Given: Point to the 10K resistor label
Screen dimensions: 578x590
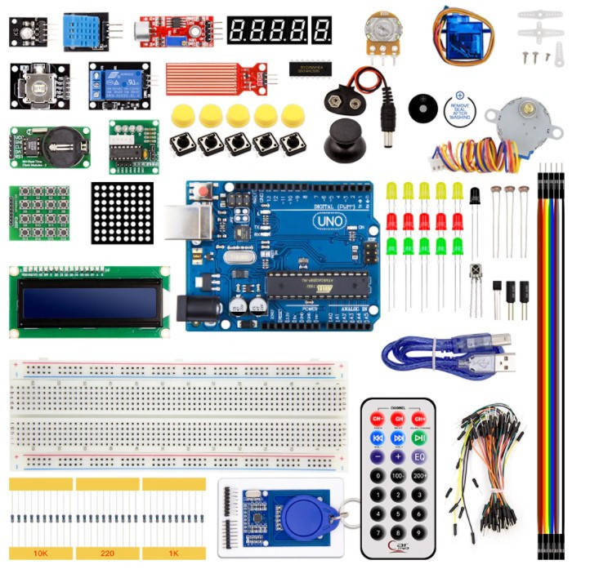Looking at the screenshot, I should [x=40, y=553].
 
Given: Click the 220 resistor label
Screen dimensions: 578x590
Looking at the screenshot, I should [x=107, y=553].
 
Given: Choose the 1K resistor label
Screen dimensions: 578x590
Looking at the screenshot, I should [x=173, y=553].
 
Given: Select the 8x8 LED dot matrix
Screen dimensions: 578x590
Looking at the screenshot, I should [x=122, y=214].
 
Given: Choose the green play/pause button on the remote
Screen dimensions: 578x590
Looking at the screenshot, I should [x=419, y=438].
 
